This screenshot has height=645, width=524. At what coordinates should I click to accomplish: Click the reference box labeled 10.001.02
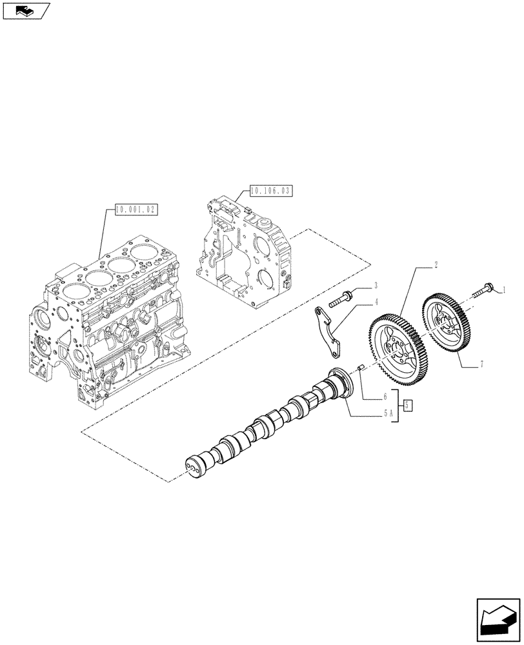[136, 210]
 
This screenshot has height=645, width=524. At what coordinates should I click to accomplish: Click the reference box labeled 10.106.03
[270, 190]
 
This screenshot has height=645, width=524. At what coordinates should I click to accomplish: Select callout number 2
[418, 265]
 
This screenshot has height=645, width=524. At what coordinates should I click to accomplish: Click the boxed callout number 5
[408, 405]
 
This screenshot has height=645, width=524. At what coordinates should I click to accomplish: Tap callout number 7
[482, 365]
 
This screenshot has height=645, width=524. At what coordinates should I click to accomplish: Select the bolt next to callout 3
[341, 298]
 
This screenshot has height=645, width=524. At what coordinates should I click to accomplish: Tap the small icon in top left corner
[25, 10]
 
